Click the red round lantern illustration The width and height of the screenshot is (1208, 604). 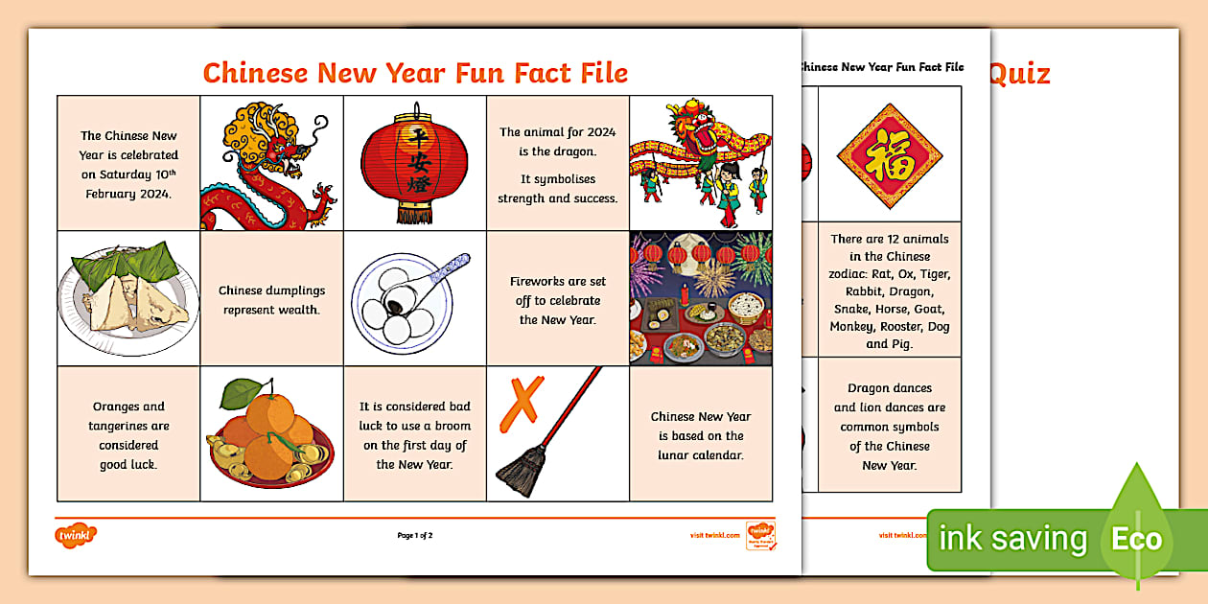[414, 160]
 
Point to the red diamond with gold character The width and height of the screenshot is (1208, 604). [889, 156]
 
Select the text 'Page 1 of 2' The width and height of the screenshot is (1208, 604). [421, 535]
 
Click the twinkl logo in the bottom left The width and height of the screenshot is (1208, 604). [77, 535]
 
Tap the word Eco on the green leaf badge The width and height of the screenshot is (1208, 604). [1136, 539]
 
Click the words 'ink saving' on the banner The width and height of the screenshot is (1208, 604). [1012, 539]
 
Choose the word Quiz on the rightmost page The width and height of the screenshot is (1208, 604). [1020, 74]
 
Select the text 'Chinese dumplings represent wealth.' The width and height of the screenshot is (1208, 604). [271, 299]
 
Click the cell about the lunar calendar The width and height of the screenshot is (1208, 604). [701, 435]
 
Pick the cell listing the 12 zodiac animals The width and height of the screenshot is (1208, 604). [890, 291]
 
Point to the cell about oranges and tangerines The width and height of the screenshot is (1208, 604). [128, 435]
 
